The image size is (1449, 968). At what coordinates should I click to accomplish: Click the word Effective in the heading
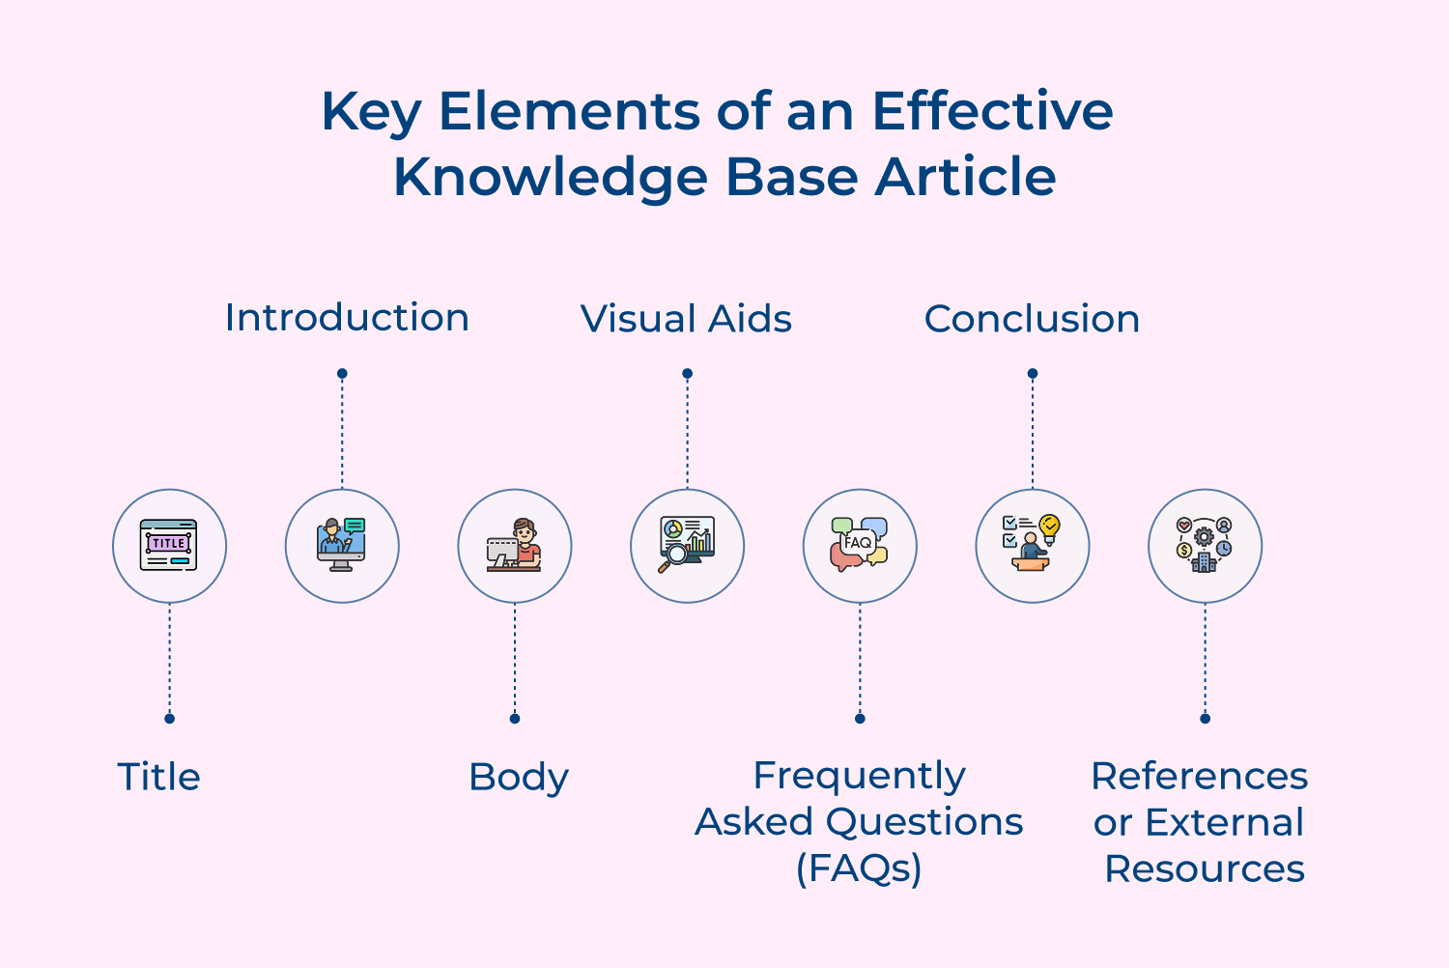pyautogui.click(x=992, y=111)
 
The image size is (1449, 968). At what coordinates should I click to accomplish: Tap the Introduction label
pyautogui.click(x=347, y=318)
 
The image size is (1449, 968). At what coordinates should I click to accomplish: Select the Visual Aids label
pyautogui.click(x=686, y=319)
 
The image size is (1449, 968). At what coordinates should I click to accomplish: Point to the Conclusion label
pyautogui.click(x=1032, y=319)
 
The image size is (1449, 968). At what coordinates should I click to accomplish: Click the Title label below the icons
pyautogui.click(x=158, y=777)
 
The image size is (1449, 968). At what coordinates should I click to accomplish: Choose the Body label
pyautogui.click(x=519, y=777)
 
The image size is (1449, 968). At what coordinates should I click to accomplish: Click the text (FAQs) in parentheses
pyautogui.click(x=859, y=868)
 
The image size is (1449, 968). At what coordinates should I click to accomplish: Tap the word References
pyautogui.click(x=1199, y=776)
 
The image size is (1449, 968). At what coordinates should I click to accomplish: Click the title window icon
pyautogui.click(x=169, y=546)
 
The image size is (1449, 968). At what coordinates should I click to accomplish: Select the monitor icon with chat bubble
pyautogui.click(x=342, y=546)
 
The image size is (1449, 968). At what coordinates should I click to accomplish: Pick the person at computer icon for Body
pyautogui.click(x=514, y=546)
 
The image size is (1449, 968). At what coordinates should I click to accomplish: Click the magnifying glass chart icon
pyautogui.click(x=687, y=546)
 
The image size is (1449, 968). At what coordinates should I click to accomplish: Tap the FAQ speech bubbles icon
pyautogui.click(x=860, y=546)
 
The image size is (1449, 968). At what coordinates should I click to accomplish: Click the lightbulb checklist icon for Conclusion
pyautogui.click(x=1032, y=546)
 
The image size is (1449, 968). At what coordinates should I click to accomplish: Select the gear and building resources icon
pyautogui.click(x=1205, y=546)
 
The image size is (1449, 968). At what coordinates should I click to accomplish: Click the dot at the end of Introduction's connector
pyautogui.click(x=342, y=374)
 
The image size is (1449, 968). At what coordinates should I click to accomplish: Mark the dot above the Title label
pyautogui.click(x=169, y=719)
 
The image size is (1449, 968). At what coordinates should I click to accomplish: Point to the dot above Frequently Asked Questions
pyautogui.click(x=860, y=719)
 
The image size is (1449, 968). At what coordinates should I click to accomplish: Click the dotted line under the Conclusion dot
pyautogui.click(x=1032, y=435)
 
